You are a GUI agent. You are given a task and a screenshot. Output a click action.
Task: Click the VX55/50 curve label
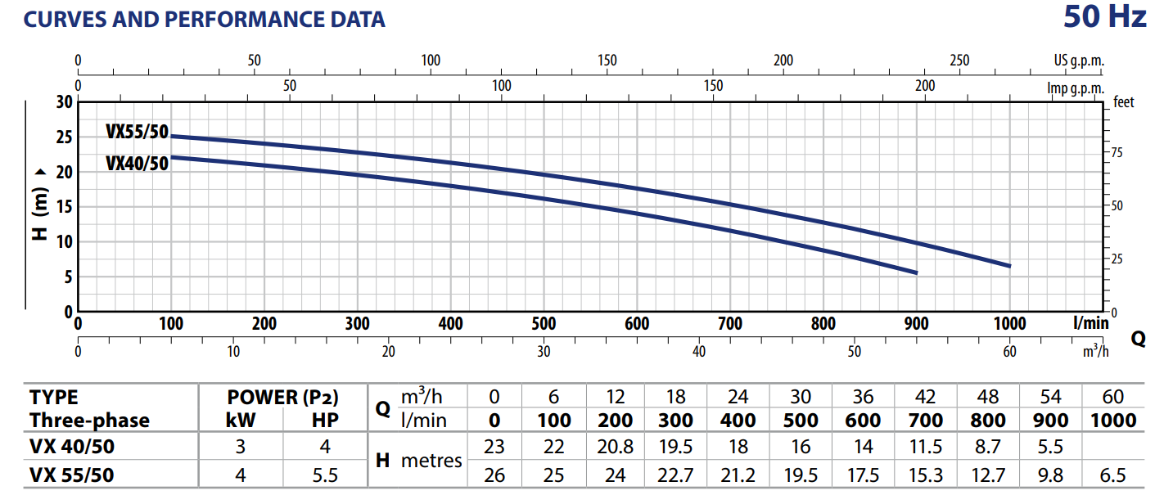coord(137,131)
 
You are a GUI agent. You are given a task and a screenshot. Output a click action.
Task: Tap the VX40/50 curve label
coord(137,163)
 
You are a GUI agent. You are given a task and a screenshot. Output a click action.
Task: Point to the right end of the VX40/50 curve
coord(916,272)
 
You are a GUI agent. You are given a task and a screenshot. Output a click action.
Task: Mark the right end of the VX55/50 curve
coord(1009,266)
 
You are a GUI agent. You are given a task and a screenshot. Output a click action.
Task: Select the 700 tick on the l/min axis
coord(729,324)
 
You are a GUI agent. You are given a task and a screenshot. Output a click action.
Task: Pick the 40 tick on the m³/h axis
coord(698,352)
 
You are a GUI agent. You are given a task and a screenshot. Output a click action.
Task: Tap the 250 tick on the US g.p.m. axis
coord(959,61)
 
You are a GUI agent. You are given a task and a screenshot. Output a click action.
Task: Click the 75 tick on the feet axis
coord(1117,153)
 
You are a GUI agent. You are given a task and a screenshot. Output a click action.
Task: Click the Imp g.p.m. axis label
coord(1076,88)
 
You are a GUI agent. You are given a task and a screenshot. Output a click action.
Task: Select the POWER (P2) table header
coord(282,398)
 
